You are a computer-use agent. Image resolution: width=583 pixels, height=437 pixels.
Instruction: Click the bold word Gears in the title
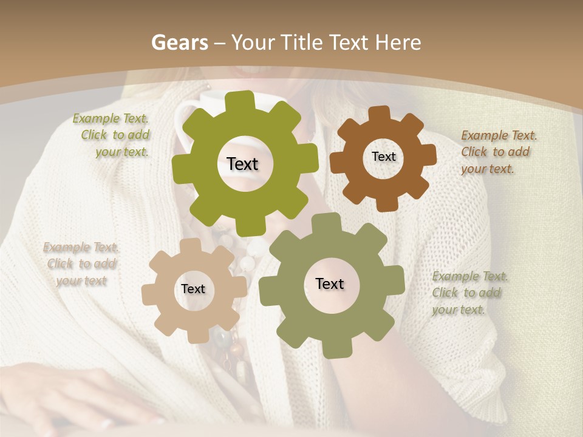(178, 42)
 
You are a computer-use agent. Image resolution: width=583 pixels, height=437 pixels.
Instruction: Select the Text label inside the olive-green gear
(242, 164)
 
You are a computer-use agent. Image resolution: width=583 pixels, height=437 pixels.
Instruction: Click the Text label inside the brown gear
(383, 157)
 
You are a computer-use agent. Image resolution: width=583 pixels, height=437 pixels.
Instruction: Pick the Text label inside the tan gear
(193, 289)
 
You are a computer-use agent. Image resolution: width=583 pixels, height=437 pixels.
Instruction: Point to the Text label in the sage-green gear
(330, 283)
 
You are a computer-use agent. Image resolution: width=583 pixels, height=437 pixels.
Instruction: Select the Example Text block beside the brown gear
(497, 152)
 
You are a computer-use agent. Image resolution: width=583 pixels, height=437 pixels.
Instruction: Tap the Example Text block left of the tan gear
(81, 263)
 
